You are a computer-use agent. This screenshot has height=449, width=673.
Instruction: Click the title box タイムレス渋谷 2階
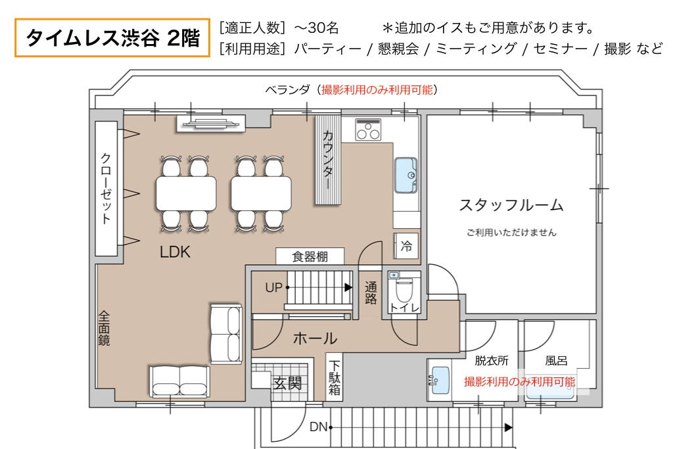point(112,37)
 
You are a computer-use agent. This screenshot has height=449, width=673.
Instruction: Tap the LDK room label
point(175,252)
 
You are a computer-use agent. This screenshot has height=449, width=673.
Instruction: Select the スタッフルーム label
point(511,204)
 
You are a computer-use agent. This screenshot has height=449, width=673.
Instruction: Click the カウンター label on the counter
point(327,160)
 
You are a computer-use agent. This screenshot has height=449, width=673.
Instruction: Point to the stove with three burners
point(368,130)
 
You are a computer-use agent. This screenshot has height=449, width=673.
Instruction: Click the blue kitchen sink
point(406,175)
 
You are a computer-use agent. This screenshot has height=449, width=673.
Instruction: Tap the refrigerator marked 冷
point(406,246)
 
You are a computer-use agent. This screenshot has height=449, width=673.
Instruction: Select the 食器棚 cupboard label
point(310,256)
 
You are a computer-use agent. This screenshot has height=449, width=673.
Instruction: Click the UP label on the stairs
point(274,287)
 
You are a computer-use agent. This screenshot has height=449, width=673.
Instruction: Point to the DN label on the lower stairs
point(319,427)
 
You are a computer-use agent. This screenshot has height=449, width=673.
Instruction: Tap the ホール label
point(315,339)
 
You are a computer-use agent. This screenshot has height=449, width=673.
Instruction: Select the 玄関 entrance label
point(288,383)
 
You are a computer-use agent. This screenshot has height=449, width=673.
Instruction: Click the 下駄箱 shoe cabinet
point(334,377)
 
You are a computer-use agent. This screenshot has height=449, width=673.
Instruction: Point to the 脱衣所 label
point(492,360)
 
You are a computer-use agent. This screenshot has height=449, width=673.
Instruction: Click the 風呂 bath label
point(556,360)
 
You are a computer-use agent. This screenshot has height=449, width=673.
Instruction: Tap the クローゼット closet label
point(106,188)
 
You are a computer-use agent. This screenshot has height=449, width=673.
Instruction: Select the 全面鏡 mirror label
point(104,329)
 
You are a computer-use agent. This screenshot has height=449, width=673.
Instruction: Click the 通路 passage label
point(371,293)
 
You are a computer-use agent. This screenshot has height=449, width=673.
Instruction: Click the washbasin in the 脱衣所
point(439,380)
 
